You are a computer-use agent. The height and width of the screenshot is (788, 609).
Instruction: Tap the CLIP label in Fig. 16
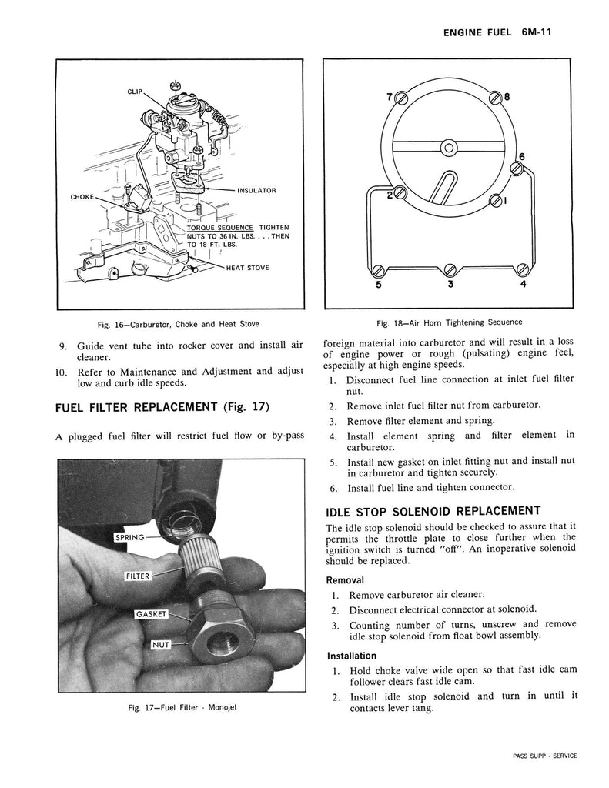(137, 92)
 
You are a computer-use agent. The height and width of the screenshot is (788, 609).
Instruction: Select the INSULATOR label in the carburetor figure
(256, 190)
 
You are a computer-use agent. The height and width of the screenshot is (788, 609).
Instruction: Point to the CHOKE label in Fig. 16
(82, 196)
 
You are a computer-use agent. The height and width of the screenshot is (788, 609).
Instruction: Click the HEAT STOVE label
(247, 268)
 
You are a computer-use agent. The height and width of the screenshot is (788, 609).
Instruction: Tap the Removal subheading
(346, 579)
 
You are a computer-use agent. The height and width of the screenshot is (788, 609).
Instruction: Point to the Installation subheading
(352, 656)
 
